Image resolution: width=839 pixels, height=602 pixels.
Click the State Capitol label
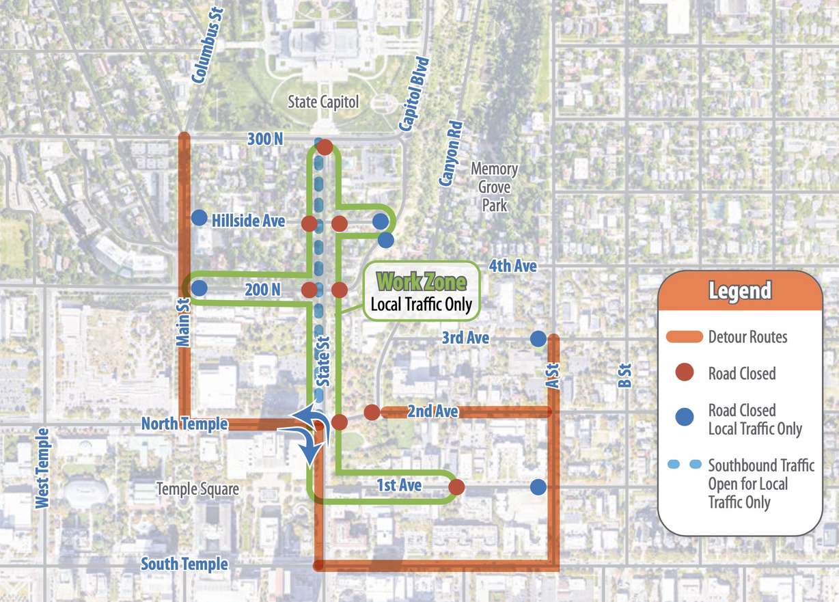(x=323, y=102)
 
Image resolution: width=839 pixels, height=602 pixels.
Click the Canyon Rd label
(x=452, y=154)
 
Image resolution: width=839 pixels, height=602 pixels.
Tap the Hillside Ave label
(x=248, y=221)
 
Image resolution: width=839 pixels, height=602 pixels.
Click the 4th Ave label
(x=512, y=265)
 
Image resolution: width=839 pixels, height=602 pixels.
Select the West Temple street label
(x=43, y=468)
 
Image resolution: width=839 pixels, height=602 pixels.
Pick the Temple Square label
(x=197, y=489)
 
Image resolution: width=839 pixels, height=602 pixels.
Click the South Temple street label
(x=184, y=564)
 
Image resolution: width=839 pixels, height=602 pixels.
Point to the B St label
(x=624, y=376)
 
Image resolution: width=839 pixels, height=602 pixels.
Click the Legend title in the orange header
(x=740, y=292)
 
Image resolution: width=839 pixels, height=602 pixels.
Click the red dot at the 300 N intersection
(x=325, y=147)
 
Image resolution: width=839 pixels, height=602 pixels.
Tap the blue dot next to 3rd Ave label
(x=538, y=338)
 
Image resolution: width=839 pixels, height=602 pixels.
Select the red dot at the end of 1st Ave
(x=456, y=487)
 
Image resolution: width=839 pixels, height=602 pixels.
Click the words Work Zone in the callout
(x=422, y=282)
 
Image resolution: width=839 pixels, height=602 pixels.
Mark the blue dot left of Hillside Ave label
(x=199, y=217)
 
